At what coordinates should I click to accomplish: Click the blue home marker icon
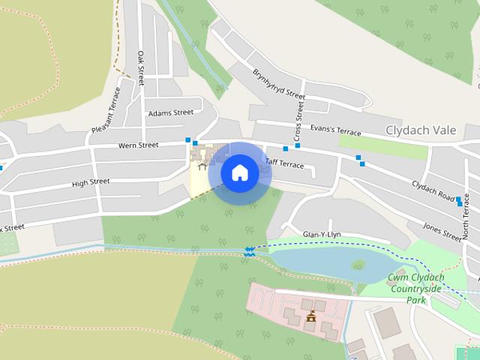[x=239, y=172]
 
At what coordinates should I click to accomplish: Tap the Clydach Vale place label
[x=420, y=130]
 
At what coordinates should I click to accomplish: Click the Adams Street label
[x=170, y=113]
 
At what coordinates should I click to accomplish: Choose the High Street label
[x=91, y=181]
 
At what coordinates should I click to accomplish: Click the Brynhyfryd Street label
[x=279, y=85]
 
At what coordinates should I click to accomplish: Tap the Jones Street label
[x=442, y=231]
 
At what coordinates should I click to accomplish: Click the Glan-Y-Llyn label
[x=321, y=234]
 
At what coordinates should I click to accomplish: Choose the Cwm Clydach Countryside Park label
[x=416, y=289]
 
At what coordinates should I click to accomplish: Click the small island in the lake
[x=358, y=265]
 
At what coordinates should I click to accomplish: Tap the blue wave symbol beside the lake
[x=249, y=253]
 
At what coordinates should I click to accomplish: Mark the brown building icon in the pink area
[x=310, y=317]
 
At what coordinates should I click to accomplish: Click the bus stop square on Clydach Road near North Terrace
[x=459, y=200]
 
